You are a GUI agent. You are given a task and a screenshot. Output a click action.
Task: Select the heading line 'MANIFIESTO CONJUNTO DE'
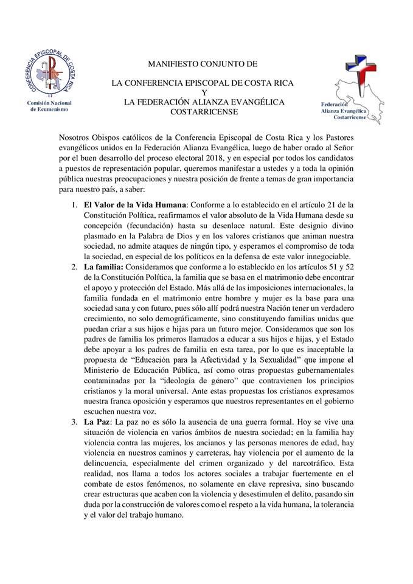[203, 63]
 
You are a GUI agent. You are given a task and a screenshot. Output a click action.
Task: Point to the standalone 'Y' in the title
[204, 92]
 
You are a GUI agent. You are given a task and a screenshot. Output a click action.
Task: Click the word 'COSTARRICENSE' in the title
[204, 112]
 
